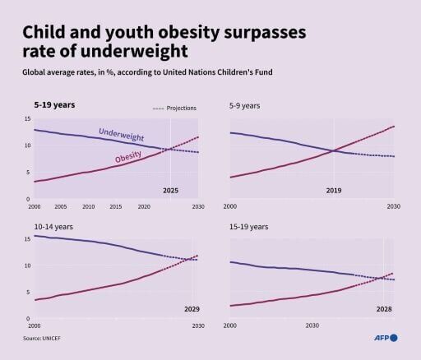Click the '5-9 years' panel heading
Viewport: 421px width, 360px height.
245,106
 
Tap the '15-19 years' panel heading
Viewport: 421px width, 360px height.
248,226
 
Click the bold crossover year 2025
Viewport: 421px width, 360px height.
170,191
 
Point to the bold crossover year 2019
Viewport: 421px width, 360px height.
334,191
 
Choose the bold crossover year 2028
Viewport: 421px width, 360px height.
382,310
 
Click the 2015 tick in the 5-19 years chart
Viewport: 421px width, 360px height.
116,206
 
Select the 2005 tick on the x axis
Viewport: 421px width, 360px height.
62,206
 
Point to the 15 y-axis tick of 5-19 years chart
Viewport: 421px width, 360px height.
26,119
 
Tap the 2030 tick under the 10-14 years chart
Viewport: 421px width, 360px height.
198,325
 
